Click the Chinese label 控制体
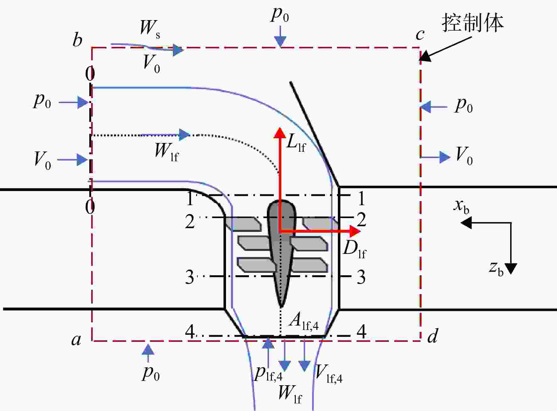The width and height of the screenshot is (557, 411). pyautogui.click(x=472, y=23)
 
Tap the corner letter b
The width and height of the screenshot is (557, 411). pyautogui.click(x=77, y=40)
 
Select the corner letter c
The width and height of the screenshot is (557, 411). pyautogui.click(x=420, y=35)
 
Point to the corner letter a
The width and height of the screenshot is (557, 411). pyautogui.click(x=76, y=340)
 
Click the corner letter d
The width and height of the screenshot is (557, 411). pyautogui.click(x=433, y=336)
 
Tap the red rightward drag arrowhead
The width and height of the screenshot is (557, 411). pyautogui.click(x=355, y=232)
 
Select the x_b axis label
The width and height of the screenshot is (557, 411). pyautogui.click(x=461, y=206)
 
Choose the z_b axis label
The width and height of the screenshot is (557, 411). pyautogui.click(x=496, y=268)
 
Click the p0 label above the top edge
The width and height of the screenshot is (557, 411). pyautogui.click(x=280, y=15)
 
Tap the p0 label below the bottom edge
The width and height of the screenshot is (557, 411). pyautogui.click(x=151, y=373)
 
